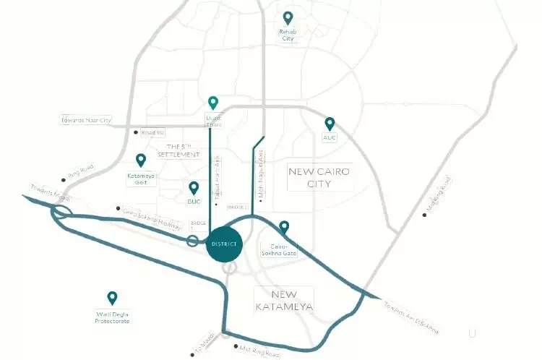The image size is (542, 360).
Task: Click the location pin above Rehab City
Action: [288, 17]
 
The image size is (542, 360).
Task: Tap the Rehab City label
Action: [288, 35]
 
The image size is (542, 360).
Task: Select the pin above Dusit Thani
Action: [213, 103]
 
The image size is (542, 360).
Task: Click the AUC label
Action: [330, 137]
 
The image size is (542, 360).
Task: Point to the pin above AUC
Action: [330, 124]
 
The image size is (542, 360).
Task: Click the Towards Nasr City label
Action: [87, 120]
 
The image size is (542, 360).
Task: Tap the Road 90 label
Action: [152, 132]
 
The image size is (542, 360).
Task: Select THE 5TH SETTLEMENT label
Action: [178, 151]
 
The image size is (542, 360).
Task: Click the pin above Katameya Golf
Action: [141, 160]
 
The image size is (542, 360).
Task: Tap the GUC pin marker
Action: [194, 189]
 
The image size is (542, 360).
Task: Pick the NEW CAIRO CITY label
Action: [319, 177]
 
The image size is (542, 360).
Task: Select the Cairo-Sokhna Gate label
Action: [279, 249]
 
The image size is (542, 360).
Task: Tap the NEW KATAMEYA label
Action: [284, 301]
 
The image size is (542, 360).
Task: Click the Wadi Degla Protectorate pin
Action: [112, 297]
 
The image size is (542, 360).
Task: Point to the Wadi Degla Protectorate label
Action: [113, 317]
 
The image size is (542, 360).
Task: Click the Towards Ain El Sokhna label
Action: [411, 316]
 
